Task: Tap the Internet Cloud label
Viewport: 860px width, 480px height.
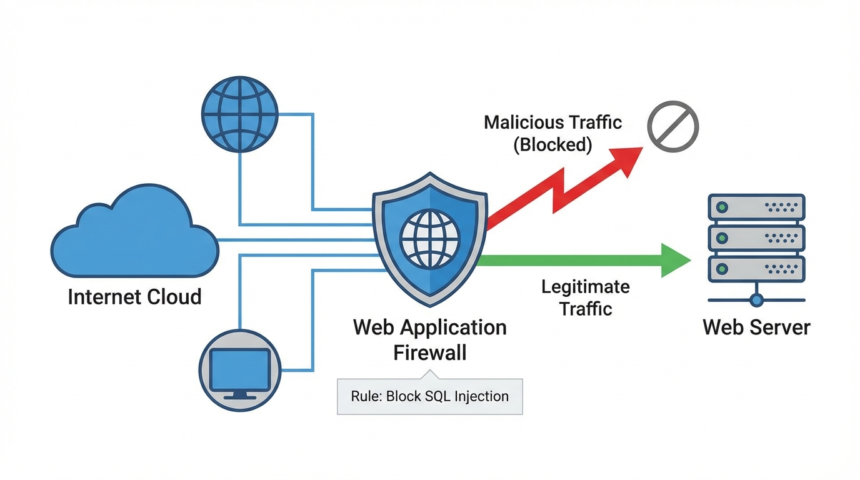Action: pos(134,296)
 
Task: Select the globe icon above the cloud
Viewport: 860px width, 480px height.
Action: pos(239,114)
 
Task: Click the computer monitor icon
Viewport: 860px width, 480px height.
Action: pos(239,370)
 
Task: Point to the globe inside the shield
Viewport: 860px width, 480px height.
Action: pos(429,239)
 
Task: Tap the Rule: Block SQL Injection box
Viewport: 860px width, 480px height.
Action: pos(429,396)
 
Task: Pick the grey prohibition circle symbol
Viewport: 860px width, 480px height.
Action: pos(672,127)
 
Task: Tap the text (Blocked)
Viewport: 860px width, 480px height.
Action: pos(552,145)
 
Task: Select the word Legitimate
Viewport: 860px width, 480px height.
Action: pos(585,287)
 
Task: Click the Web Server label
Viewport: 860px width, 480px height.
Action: pos(756,327)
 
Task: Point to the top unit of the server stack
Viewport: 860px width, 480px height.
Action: pos(756,207)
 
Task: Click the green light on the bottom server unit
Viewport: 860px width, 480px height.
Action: pos(722,268)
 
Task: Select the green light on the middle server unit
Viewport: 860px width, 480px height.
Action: pos(722,237)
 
